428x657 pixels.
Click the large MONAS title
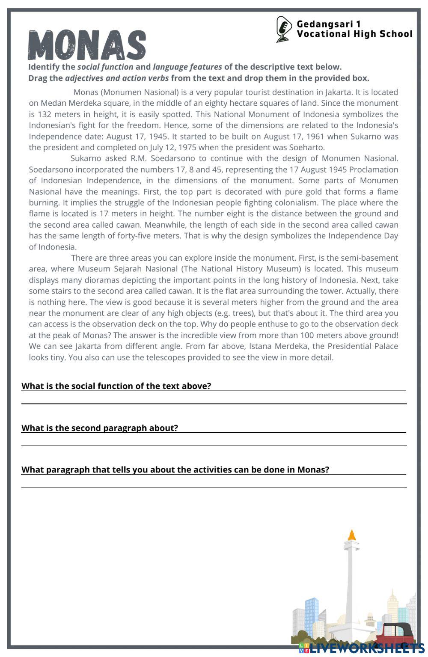tap(87, 45)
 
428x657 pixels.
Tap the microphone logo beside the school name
tap(283, 29)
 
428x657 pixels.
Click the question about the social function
tap(116, 386)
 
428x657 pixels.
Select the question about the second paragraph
tap(100, 428)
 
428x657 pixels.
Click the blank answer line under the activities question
tap(214, 487)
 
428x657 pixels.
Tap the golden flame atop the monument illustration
tap(352, 535)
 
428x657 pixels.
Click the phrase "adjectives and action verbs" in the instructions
tap(117, 78)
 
